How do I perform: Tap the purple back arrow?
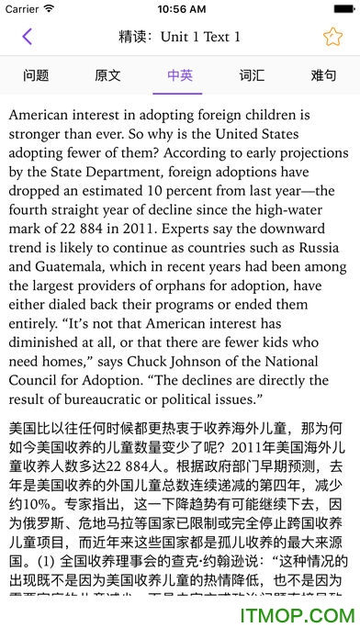[27, 37]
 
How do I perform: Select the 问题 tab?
[36, 75]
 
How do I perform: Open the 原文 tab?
[107, 75]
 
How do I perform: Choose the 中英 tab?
[180, 75]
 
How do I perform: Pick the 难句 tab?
[323, 75]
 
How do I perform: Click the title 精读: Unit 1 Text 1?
[180, 37]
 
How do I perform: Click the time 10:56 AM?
[181, 9]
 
